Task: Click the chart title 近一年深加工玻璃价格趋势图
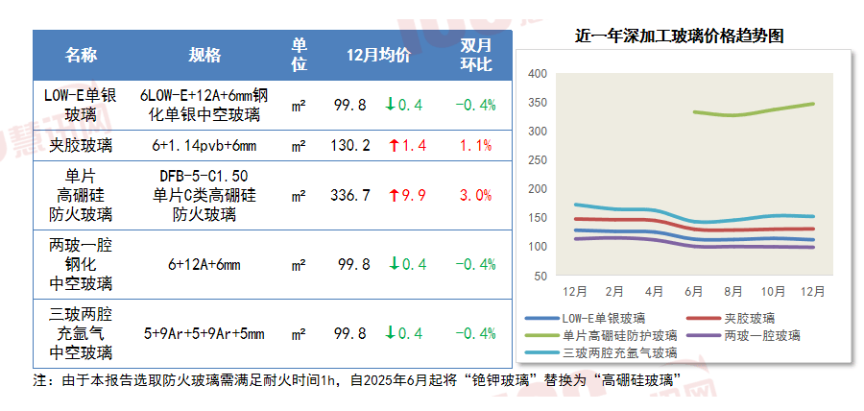tap(680, 37)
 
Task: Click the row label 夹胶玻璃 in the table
tap(81, 146)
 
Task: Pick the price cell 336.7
tap(350, 195)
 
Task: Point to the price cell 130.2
tap(350, 146)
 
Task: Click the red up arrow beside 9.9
tap(394, 195)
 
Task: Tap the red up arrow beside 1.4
tap(394, 146)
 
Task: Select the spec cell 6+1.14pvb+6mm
tap(204, 146)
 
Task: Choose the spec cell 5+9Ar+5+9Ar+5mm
tap(204, 334)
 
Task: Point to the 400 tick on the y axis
tap(538, 73)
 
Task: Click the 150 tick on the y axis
tap(538, 217)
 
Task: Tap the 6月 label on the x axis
tap(694, 290)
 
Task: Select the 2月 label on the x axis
tap(614, 290)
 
